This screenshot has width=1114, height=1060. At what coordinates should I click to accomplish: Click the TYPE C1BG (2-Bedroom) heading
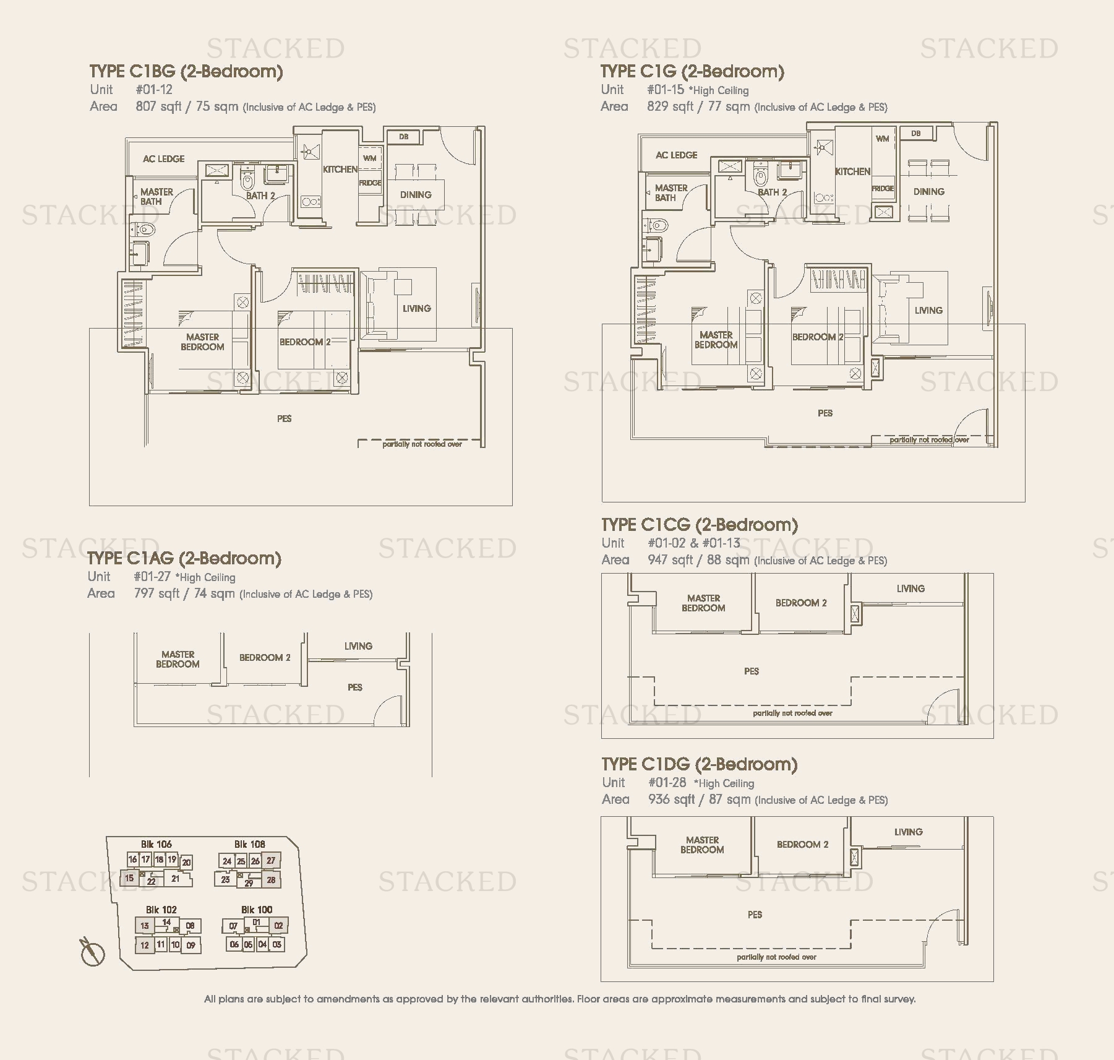186,72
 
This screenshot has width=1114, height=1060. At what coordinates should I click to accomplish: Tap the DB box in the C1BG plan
403,137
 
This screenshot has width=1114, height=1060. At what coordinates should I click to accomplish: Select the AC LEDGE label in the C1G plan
676,155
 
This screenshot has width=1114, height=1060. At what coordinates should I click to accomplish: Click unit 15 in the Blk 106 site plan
129,877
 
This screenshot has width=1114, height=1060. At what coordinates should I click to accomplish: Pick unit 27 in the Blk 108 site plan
271,861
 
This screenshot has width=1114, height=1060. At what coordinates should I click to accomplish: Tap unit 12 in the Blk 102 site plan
144,945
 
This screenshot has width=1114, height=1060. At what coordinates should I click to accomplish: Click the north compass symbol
92,952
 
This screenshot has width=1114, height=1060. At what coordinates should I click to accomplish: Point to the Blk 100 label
257,910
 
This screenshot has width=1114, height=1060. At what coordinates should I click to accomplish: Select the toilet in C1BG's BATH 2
248,181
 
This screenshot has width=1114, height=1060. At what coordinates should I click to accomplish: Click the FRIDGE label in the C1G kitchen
883,188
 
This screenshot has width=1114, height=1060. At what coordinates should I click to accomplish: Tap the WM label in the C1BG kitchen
369,158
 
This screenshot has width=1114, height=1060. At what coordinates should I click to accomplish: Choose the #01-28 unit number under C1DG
667,782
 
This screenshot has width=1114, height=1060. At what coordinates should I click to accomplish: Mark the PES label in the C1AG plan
355,687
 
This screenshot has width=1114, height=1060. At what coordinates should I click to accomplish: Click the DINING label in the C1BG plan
415,195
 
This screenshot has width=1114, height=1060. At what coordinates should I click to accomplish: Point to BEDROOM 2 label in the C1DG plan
802,845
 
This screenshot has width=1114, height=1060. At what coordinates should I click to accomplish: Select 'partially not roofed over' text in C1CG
792,713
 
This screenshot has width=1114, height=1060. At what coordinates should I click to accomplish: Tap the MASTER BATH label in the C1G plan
671,192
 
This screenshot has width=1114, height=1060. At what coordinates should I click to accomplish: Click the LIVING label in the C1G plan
928,311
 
